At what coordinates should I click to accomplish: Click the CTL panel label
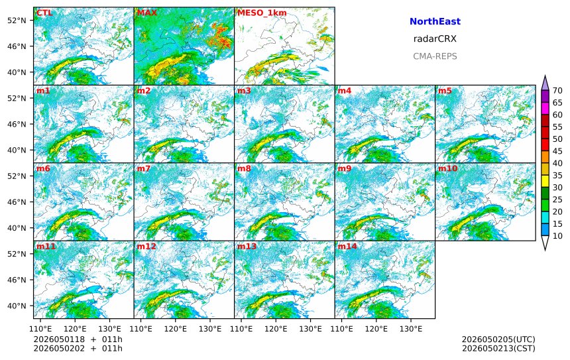[x=44, y=13]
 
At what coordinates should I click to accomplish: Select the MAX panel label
[x=147, y=13]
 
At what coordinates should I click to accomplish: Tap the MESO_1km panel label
[x=262, y=13]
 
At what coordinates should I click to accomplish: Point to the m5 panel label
[x=445, y=91]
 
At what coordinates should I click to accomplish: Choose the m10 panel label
[x=447, y=168]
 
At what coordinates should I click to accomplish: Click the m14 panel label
[x=347, y=246]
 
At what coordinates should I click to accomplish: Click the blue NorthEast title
[x=435, y=21]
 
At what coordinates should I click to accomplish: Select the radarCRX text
[x=435, y=39]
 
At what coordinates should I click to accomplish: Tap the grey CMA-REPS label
[x=435, y=56]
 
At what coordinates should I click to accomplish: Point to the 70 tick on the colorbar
[x=557, y=91]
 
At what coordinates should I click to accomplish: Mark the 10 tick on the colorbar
[x=557, y=236]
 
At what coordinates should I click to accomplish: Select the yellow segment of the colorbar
[x=545, y=182]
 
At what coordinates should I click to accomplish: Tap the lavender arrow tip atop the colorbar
[x=545, y=76]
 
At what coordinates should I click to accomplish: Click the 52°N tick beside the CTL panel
[x=17, y=21]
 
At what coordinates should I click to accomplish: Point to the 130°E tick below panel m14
[x=411, y=329]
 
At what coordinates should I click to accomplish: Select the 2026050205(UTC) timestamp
[x=498, y=339]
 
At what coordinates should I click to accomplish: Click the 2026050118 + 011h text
[x=78, y=339]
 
